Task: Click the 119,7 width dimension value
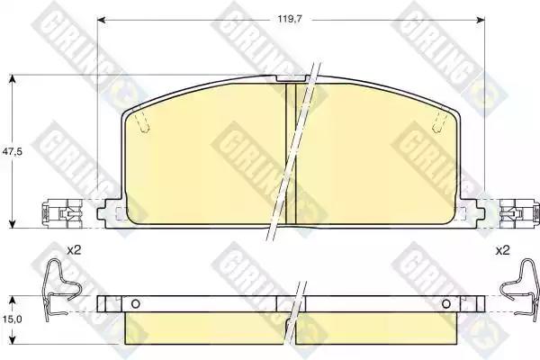(x=290, y=19)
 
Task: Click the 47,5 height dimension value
(x=12, y=151)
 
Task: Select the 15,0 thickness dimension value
(x=12, y=319)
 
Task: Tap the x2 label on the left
(x=74, y=250)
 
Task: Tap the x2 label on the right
(x=502, y=250)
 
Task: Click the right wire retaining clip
(x=520, y=290)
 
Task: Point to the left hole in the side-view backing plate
(x=136, y=304)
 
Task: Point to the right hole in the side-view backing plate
(x=446, y=304)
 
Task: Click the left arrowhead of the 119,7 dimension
(x=101, y=20)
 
